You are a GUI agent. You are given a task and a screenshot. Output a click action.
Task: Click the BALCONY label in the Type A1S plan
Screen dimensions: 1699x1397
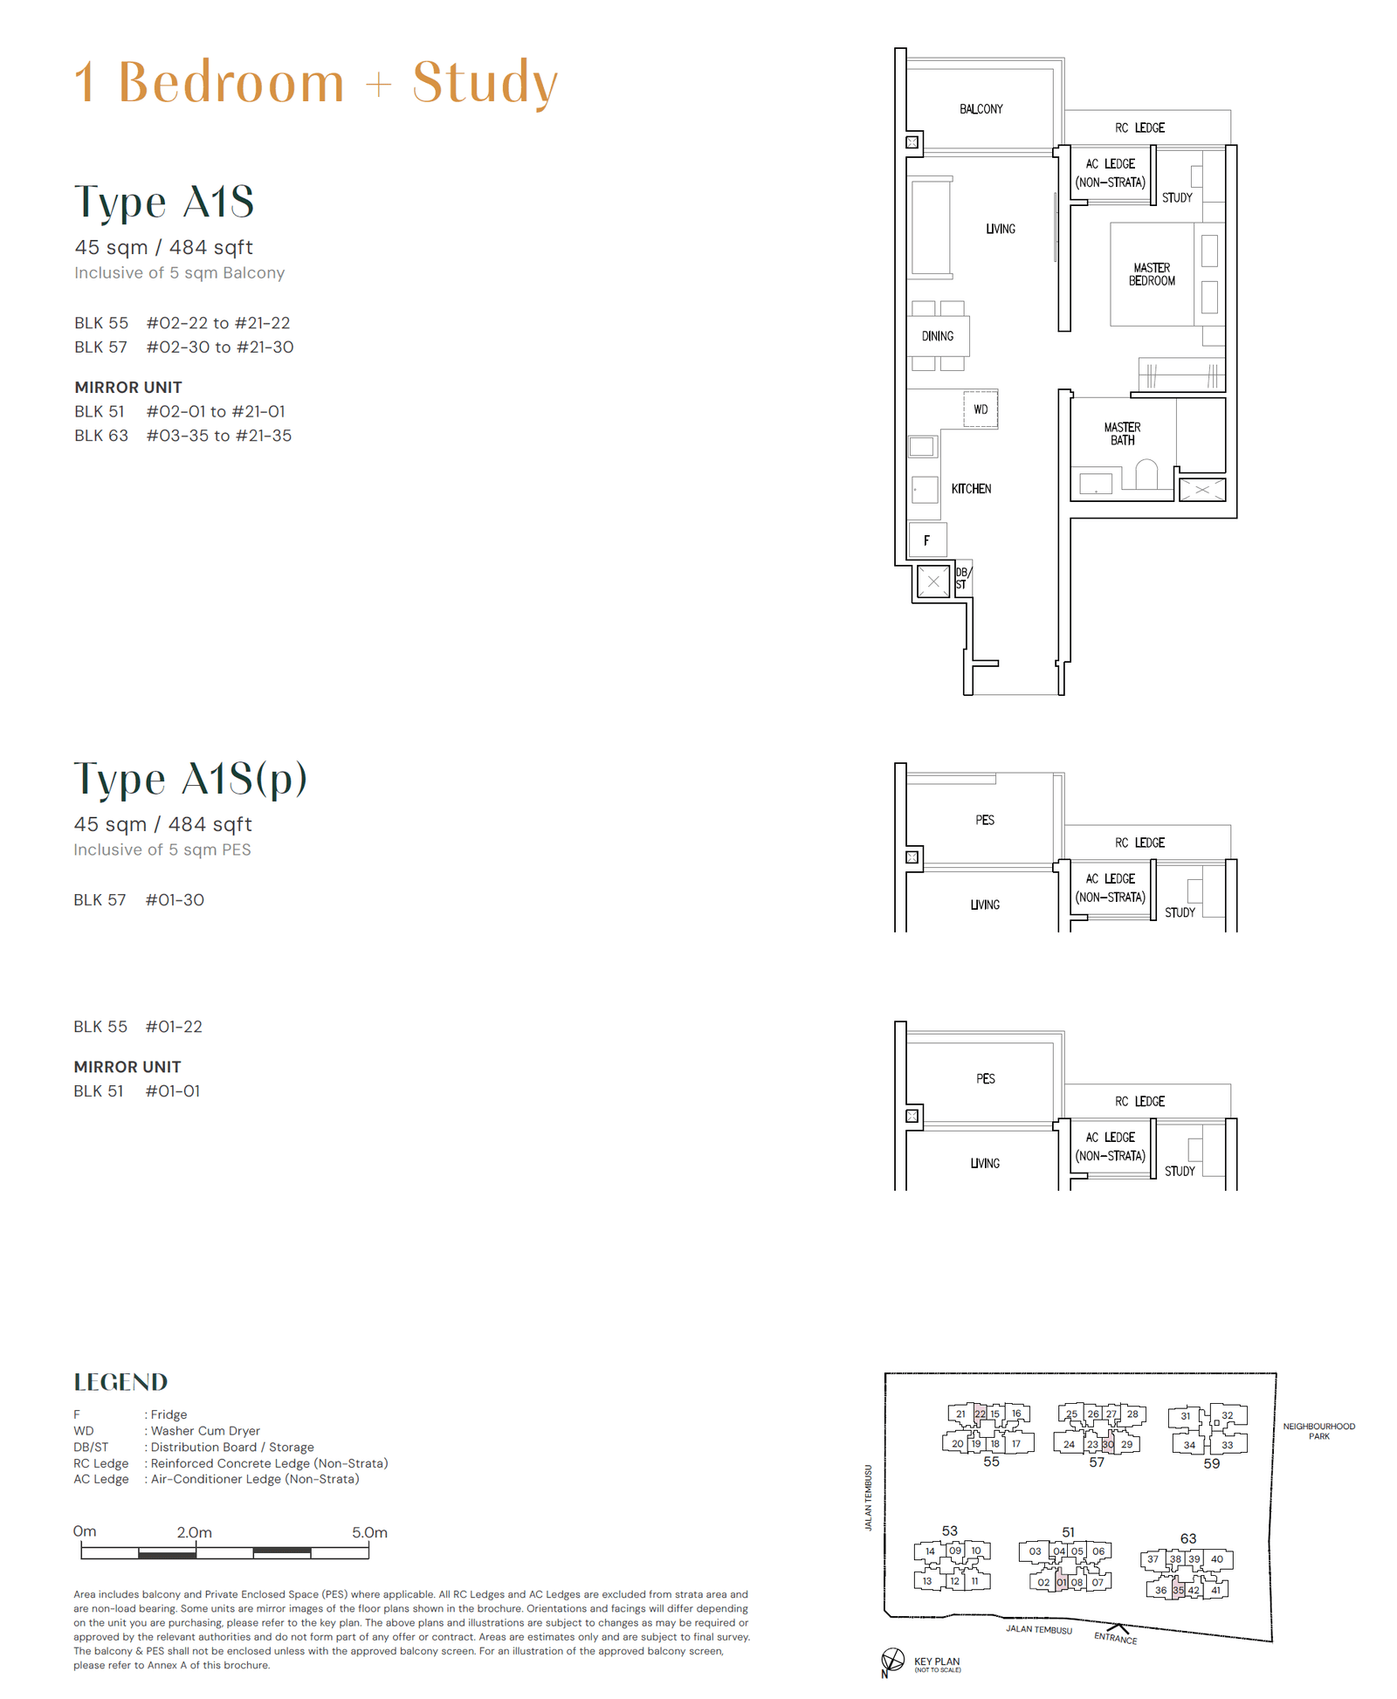[x=981, y=109]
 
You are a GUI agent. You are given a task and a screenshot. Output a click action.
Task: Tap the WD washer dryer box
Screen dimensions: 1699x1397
[x=981, y=409]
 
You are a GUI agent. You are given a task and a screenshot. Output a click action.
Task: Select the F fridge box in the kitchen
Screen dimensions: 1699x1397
[x=927, y=540]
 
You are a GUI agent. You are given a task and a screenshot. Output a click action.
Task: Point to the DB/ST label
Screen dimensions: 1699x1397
[x=962, y=579]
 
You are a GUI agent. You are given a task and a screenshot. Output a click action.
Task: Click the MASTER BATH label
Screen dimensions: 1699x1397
[x=1122, y=434]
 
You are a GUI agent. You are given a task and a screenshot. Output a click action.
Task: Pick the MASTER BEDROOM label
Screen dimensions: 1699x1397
[x=1152, y=274]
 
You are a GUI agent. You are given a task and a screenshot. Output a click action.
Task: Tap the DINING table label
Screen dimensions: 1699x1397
[x=937, y=336]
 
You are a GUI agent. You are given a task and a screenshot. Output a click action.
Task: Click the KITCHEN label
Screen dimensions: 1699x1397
[x=971, y=489]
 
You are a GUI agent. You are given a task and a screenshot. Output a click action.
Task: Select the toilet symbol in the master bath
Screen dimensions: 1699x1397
[x=1146, y=475]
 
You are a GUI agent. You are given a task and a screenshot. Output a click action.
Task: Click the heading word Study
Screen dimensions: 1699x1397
[x=485, y=83]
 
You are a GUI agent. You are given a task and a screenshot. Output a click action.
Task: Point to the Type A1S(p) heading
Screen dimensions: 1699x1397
[x=190, y=779]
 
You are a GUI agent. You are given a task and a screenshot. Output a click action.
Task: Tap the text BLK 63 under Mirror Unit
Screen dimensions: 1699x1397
[x=100, y=436]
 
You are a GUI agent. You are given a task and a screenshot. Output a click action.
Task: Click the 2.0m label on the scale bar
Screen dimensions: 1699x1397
[x=194, y=1532]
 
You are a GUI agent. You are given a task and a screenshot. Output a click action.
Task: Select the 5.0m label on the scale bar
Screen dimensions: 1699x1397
[x=369, y=1532]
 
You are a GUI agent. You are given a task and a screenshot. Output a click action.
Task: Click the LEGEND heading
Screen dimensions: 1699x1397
[x=120, y=1382]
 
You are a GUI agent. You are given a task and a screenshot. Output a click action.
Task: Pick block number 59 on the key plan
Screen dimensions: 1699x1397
[x=1211, y=1463]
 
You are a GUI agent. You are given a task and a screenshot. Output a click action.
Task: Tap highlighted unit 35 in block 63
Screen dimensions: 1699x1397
[x=1178, y=1590]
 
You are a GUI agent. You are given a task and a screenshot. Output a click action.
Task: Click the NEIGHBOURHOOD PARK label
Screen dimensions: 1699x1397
[x=1318, y=1431]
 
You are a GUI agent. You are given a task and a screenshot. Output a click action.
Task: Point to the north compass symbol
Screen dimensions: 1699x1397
[x=891, y=1659]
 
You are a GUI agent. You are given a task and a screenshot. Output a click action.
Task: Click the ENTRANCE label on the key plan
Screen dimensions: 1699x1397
[x=1115, y=1639]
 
